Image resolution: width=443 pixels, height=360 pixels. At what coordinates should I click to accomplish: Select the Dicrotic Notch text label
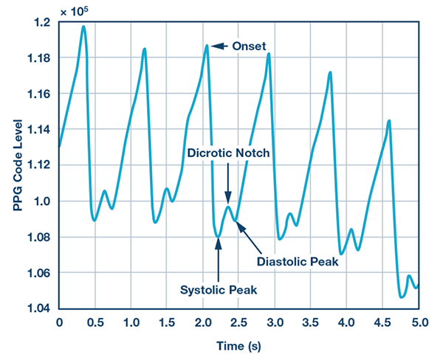pos(227,153)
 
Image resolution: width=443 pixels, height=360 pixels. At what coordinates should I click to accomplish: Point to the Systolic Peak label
pos(219,289)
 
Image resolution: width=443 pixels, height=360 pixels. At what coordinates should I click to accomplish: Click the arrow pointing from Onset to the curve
pos(221,46)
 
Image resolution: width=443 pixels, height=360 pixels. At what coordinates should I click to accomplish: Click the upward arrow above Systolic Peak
pos(219,255)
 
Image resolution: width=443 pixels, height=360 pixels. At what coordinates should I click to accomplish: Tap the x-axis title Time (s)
pos(239,345)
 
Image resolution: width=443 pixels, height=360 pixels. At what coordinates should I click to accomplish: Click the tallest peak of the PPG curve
pos(83,27)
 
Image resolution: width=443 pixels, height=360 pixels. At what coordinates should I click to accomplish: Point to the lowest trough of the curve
pos(401,297)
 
